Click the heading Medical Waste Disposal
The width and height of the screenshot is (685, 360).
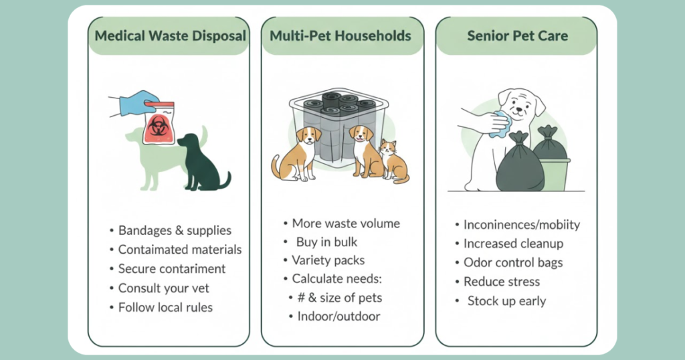(x=171, y=36)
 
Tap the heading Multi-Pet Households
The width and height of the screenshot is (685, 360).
(x=340, y=36)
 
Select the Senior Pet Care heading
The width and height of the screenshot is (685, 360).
(x=518, y=36)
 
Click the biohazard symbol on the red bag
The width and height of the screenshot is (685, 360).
(x=158, y=126)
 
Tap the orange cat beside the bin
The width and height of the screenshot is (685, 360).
(x=394, y=161)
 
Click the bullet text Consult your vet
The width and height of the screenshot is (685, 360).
(x=163, y=288)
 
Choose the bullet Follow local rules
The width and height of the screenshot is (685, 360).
(x=165, y=308)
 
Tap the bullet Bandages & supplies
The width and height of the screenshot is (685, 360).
(x=175, y=231)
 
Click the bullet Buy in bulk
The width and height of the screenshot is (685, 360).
(x=326, y=242)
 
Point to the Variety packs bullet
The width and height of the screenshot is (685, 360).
(x=328, y=260)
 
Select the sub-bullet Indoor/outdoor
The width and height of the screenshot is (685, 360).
(x=338, y=317)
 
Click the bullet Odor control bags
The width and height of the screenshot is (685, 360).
(x=513, y=262)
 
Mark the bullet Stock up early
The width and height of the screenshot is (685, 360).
(x=507, y=301)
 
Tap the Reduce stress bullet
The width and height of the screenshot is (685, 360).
(x=502, y=282)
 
